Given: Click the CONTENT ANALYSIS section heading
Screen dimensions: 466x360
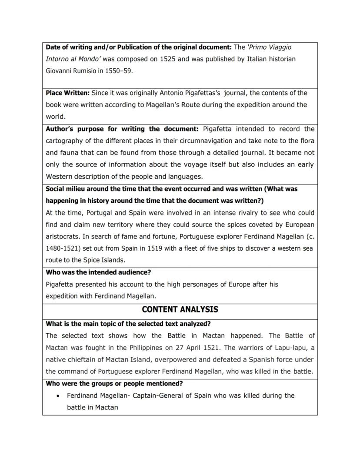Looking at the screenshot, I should tap(180, 309).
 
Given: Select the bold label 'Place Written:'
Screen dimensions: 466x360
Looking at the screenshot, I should tap(68, 93).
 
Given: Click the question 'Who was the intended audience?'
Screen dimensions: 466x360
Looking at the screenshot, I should tap(98, 272).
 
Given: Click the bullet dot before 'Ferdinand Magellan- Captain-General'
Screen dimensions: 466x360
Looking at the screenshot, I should tap(58, 396).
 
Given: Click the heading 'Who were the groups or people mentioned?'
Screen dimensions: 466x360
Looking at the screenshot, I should tap(114, 383).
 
